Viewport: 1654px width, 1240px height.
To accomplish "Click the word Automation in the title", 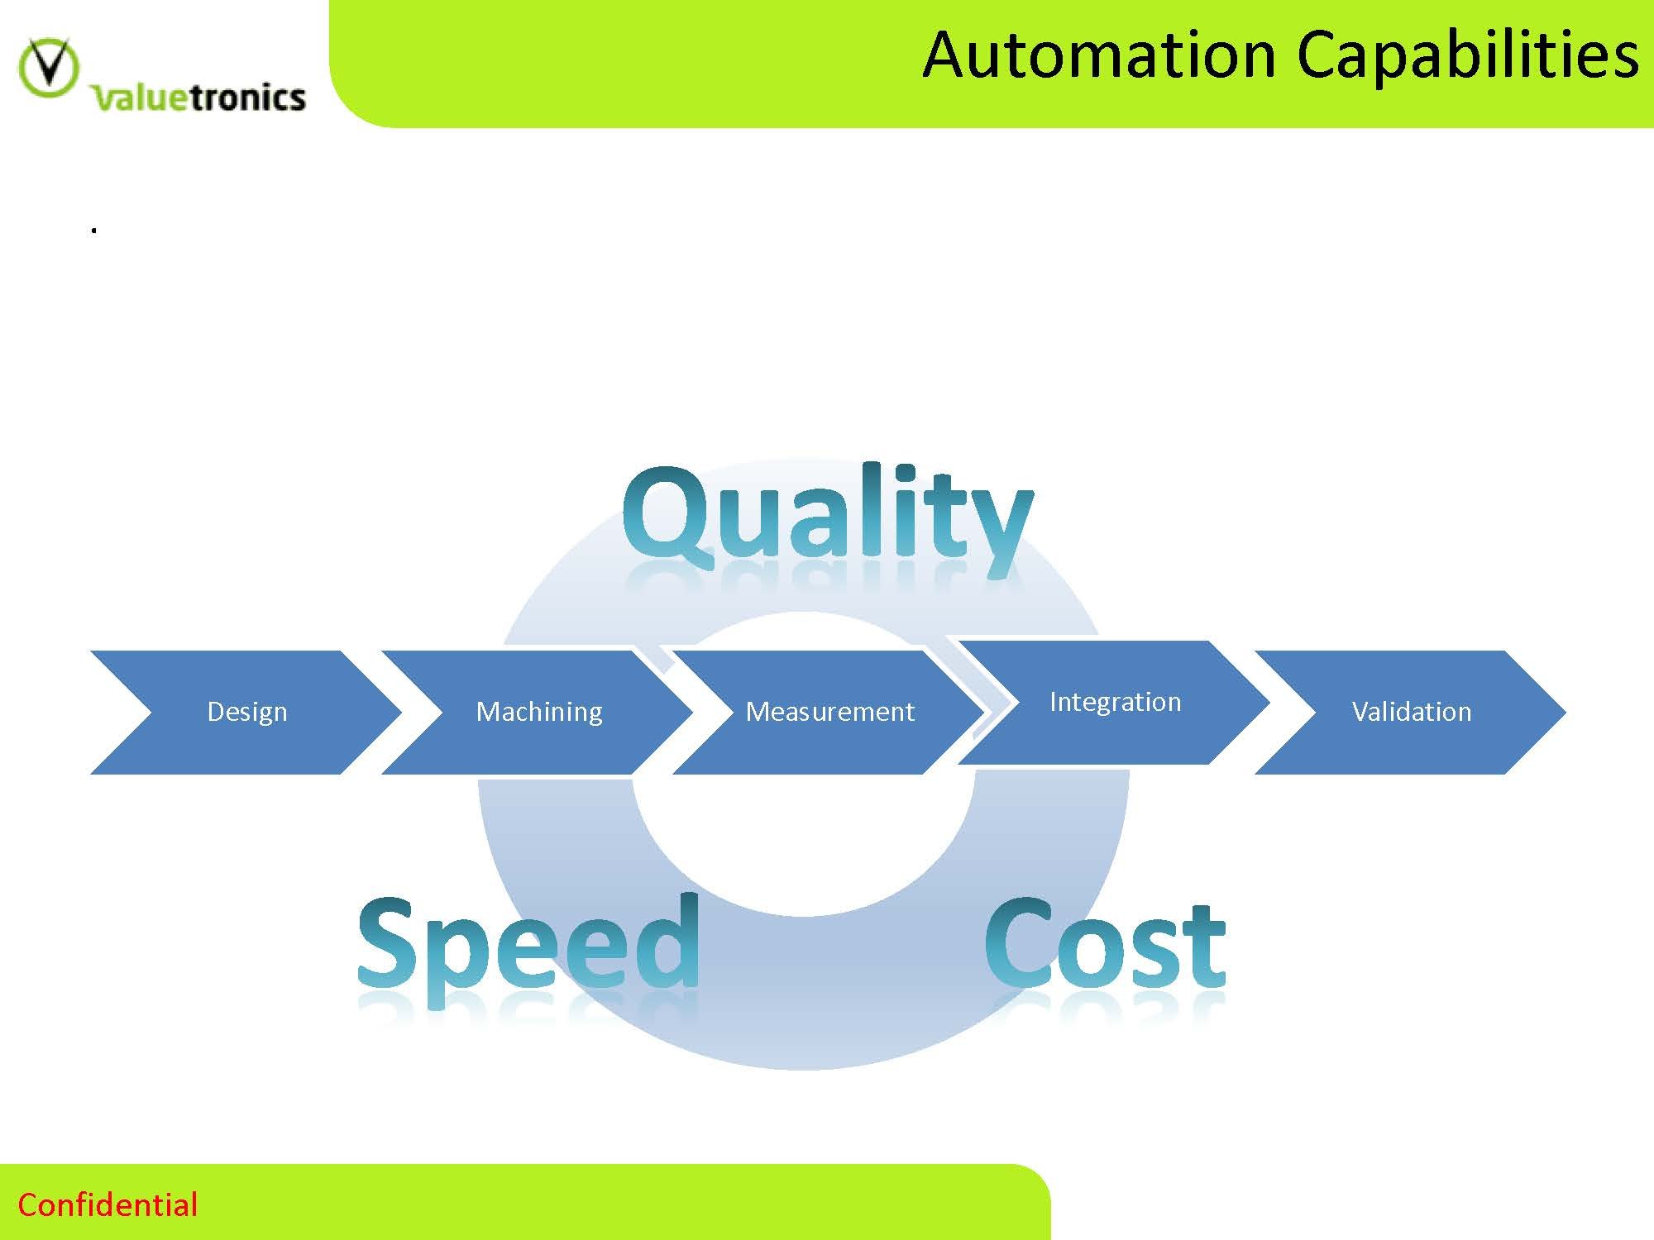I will tap(1099, 55).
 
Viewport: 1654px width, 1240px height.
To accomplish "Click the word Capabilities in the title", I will tap(1467, 55).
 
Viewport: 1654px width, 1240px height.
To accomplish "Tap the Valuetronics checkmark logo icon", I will tap(49, 67).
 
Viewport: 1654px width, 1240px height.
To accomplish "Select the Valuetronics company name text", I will tap(199, 98).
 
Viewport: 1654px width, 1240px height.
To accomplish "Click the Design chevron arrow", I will tap(246, 712).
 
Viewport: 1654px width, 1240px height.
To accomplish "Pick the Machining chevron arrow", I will tap(538, 712).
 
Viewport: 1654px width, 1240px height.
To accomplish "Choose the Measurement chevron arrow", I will tap(829, 712).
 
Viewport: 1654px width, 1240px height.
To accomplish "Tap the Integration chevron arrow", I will tap(1115, 702).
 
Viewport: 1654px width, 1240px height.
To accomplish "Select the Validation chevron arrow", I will tap(1411, 712).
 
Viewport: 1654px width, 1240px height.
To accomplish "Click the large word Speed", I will tap(528, 946).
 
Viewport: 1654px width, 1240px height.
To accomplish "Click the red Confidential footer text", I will tap(108, 1204).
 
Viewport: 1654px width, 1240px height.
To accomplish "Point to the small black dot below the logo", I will tap(94, 231).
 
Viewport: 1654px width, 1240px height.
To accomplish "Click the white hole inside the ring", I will tap(802, 843).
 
